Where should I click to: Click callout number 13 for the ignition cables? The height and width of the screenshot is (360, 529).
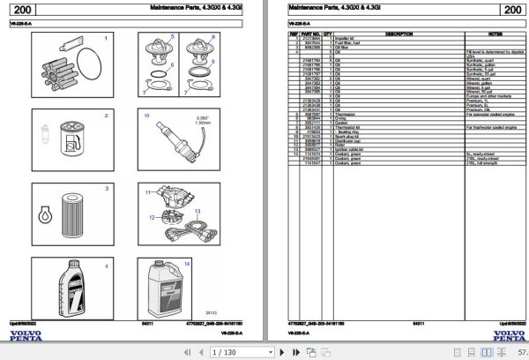coord(198,211)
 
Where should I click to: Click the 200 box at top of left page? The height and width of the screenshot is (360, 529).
coord(26,11)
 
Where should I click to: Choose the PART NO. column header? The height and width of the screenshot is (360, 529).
coord(310,33)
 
